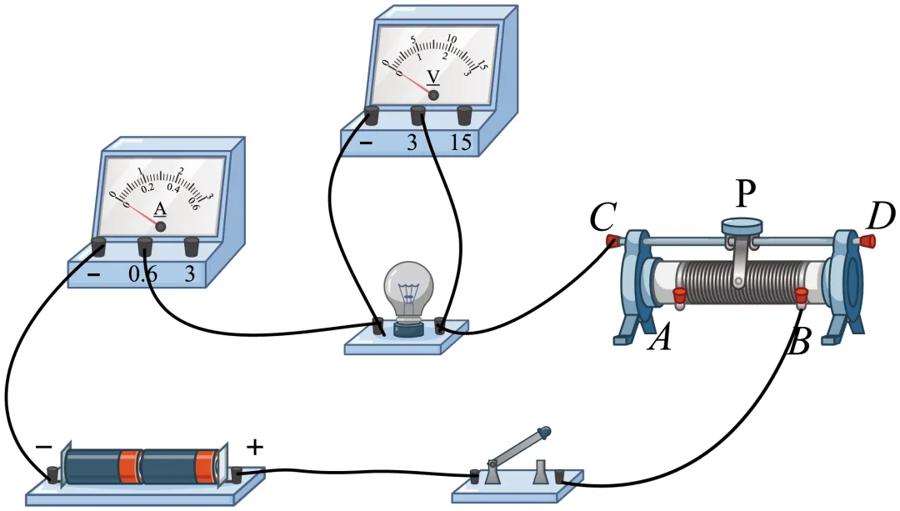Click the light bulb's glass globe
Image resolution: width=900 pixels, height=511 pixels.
[408, 288]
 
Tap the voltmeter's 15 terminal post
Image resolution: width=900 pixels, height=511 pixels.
[464, 114]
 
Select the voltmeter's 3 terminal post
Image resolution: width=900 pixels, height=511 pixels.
[418, 114]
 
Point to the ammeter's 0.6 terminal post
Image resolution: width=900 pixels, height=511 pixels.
[145, 245]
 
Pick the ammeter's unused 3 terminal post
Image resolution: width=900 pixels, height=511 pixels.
[191, 246]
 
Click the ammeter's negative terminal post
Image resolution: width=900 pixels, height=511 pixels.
[98, 245]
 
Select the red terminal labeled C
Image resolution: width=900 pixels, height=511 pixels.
[612, 242]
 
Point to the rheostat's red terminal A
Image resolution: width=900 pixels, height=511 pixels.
[678, 294]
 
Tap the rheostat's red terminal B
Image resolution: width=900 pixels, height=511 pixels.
[801, 294]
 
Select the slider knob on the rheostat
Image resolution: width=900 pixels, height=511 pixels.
[742, 225]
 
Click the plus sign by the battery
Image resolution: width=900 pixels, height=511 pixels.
[255, 448]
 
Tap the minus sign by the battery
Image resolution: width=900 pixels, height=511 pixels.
[43, 448]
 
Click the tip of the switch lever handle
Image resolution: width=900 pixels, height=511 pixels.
[545, 431]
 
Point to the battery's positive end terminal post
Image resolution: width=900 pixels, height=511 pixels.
[236, 475]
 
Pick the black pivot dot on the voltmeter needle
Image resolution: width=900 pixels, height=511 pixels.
[433, 96]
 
